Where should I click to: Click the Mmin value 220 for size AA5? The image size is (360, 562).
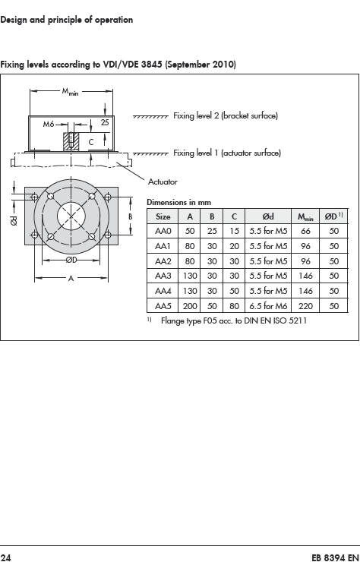(x=305, y=306)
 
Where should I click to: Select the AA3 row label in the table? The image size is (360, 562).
(x=163, y=276)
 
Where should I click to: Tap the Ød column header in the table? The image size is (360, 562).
(x=268, y=216)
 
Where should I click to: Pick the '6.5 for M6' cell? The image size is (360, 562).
(x=268, y=306)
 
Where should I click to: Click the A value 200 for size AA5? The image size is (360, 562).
(x=190, y=306)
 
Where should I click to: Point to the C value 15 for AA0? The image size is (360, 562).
(x=234, y=231)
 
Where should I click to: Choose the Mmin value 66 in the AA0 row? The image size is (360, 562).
(x=305, y=231)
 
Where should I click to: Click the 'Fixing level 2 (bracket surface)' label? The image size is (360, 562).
(x=226, y=115)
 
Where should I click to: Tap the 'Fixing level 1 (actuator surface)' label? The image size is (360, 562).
(x=227, y=153)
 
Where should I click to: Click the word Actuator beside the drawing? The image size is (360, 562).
(x=163, y=182)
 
